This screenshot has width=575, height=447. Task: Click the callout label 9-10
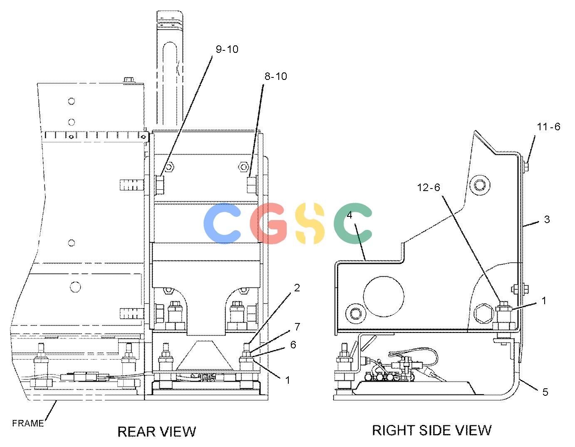[x=227, y=49]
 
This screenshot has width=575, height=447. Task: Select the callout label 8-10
[x=276, y=77]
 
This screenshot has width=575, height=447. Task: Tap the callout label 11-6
[x=548, y=127]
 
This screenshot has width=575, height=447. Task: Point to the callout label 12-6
[x=429, y=187]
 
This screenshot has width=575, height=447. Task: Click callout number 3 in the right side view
[x=547, y=219]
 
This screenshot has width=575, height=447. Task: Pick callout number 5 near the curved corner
[x=545, y=392]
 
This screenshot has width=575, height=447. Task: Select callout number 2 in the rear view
[x=297, y=288]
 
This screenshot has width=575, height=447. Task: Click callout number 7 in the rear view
[x=297, y=327]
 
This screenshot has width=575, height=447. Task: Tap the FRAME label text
[x=28, y=423]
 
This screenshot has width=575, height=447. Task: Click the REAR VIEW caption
[x=157, y=432]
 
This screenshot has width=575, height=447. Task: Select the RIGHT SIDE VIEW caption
[x=432, y=430]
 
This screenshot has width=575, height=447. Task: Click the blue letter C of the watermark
[x=222, y=223]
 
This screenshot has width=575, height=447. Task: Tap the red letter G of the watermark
[x=268, y=223]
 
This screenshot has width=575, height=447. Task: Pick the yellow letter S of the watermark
[x=310, y=223]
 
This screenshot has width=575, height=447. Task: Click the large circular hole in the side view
[x=384, y=296]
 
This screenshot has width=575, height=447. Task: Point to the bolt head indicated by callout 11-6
[x=526, y=166]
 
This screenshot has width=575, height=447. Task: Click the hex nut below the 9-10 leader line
[x=169, y=167]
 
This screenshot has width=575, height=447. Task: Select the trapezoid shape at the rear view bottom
[x=205, y=355]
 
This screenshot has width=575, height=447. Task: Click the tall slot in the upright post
[x=170, y=83]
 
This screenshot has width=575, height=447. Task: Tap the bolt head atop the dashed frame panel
[x=129, y=80]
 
